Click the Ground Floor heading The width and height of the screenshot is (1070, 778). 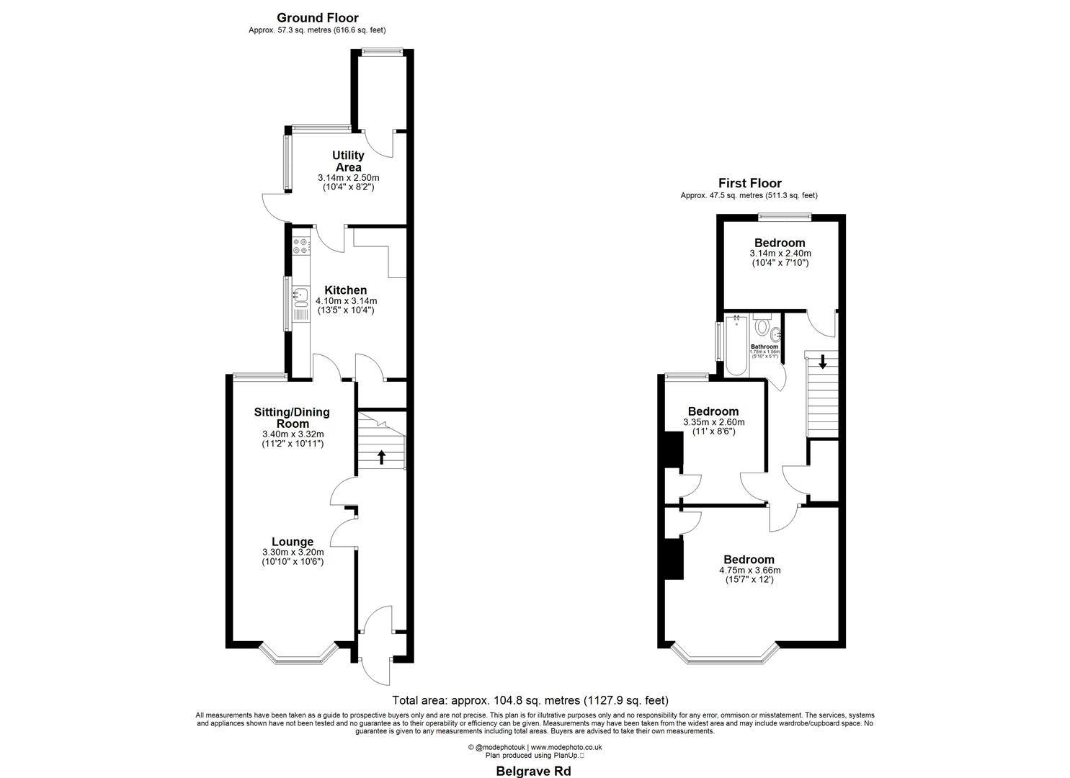tap(317, 18)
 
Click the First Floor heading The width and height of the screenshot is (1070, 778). tap(749, 184)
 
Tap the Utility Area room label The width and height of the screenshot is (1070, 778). tap(348, 161)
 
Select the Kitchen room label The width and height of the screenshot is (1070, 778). tap(345, 290)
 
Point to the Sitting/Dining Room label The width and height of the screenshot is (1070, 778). tap(292, 418)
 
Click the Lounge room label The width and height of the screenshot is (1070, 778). tap(292, 542)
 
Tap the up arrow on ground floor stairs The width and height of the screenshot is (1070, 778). tap(381, 457)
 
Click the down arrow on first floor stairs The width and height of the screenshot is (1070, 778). tap(823, 362)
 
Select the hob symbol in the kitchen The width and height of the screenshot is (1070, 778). tap(300, 246)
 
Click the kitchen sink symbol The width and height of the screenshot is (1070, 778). tap(300, 295)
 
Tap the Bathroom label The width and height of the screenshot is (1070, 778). tap(764, 346)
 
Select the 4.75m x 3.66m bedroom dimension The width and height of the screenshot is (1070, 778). tap(749, 571)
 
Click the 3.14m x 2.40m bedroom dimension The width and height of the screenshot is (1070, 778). tap(780, 254)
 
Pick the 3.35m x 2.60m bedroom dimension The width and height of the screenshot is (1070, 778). tap(713, 422)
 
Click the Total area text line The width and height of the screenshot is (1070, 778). tap(530, 700)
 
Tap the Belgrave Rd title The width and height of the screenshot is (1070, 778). tap(534, 771)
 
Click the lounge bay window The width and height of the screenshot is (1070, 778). tap(299, 655)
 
